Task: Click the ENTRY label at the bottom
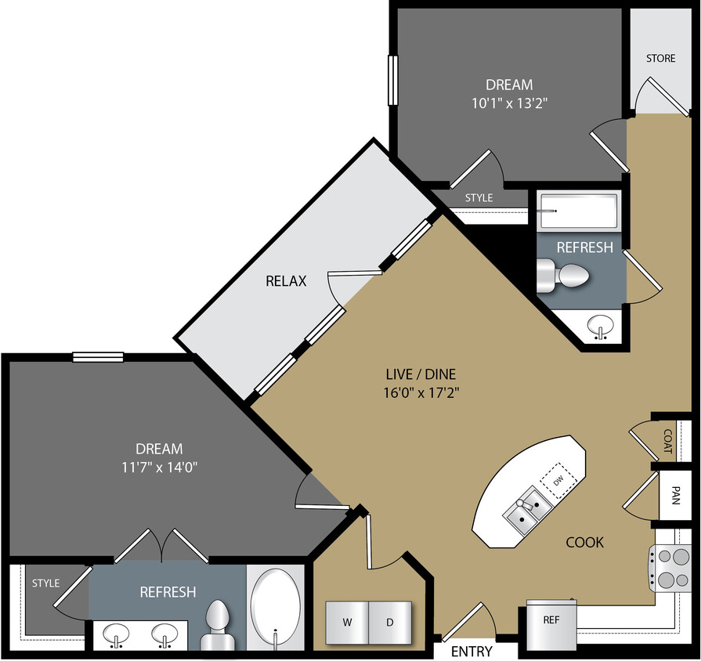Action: click(472, 652)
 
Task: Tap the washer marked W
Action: click(345, 623)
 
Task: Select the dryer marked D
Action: click(389, 623)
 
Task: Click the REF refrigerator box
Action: click(551, 619)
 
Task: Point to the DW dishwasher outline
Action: click(559, 479)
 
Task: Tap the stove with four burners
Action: click(664, 568)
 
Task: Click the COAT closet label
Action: click(667, 442)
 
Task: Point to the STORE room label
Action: click(660, 59)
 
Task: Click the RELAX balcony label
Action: click(285, 280)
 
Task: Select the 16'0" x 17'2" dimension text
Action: click(415, 392)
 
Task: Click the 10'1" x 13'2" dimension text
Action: click(509, 103)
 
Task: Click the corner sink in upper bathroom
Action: click(602, 327)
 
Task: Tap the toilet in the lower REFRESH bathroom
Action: click(218, 627)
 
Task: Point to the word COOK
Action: click(585, 542)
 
